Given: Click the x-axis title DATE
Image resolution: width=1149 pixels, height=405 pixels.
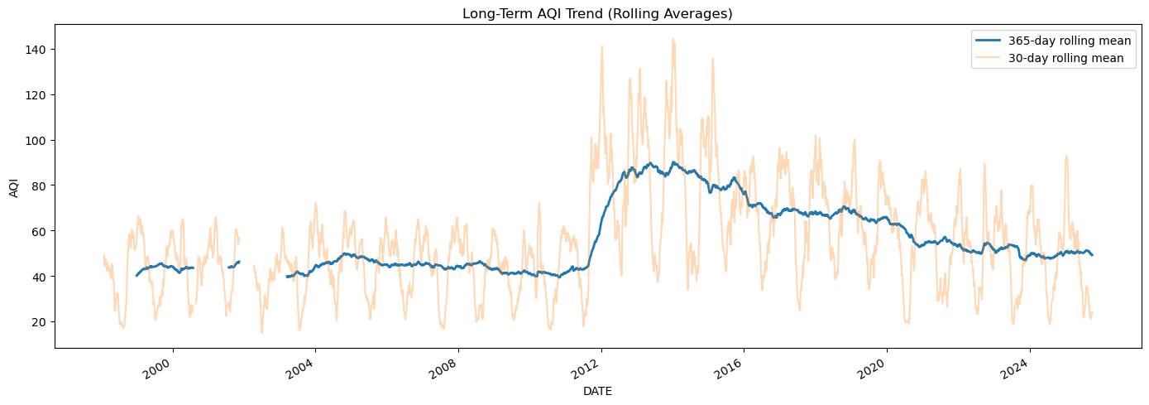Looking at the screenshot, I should (x=597, y=391).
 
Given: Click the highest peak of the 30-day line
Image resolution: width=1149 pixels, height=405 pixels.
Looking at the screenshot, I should (x=673, y=39).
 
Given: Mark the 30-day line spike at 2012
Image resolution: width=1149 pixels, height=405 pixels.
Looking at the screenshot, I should (x=601, y=46).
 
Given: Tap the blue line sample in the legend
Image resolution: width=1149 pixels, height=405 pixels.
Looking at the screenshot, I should (x=990, y=41).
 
